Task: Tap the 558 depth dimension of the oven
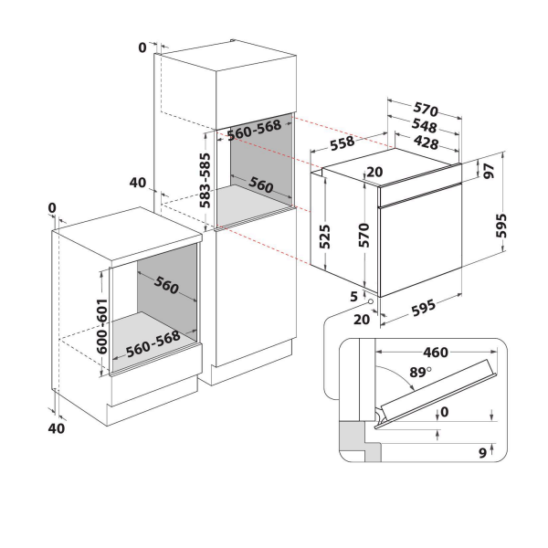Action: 342,142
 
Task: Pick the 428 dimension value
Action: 421,142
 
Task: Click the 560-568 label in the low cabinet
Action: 153,347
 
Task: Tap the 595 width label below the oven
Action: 421,309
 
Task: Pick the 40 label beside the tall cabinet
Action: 137,183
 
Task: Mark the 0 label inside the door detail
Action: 445,412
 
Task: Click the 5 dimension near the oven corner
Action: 352,296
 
